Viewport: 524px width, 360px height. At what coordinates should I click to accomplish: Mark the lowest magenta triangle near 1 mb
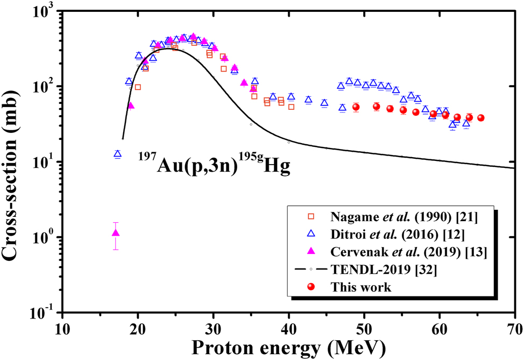[116, 233]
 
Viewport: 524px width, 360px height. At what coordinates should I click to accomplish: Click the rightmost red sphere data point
[480, 118]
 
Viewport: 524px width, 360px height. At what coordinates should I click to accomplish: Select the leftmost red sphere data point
[356, 107]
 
